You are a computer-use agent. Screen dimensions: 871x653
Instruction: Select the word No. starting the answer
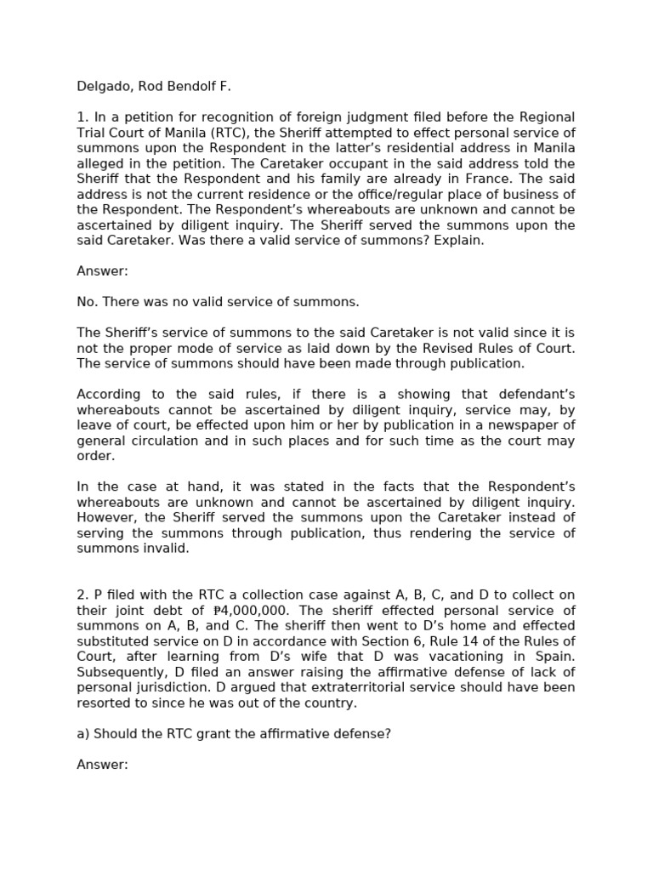tap(87, 302)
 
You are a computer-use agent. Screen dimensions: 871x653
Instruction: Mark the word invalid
tap(167, 549)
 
